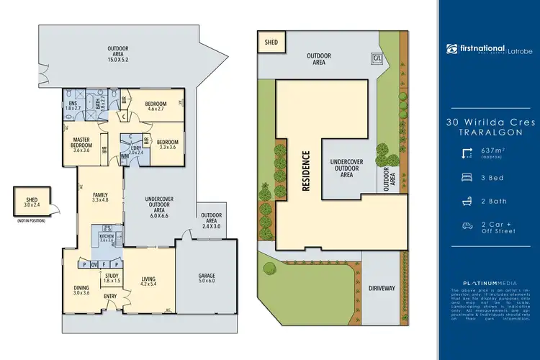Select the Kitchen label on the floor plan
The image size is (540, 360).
point(107,237)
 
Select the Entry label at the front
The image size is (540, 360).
point(110,297)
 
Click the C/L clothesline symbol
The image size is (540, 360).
point(377,57)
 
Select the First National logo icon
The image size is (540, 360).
point(452,48)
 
